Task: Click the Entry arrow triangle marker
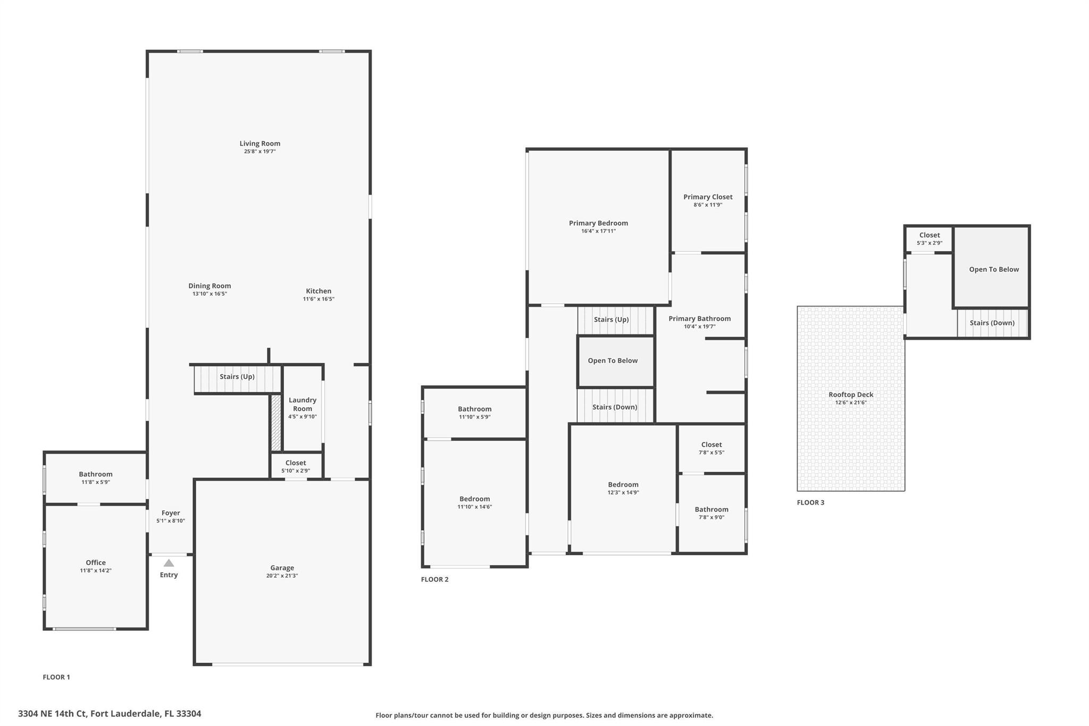(169, 563)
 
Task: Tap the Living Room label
(259, 144)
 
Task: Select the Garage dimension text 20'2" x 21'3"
(282, 576)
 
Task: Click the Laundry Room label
(303, 404)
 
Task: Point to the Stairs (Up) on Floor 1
(237, 379)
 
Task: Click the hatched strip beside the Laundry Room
(276, 423)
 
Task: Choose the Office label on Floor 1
(96, 563)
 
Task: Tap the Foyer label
(171, 513)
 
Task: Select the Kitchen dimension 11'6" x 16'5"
(319, 299)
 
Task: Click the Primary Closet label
(708, 197)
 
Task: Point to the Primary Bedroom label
(598, 223)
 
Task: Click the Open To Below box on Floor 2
(616, 361)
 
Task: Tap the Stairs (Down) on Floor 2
(615, 406)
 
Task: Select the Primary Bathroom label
(699, 319)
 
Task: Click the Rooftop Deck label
(851, 395)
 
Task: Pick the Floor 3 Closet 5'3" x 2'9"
(929, 239)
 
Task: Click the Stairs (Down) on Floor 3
(992, 323)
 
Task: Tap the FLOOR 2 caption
(434, 579)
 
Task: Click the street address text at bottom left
(110, 714)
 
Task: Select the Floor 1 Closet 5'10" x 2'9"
(296, 466)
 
